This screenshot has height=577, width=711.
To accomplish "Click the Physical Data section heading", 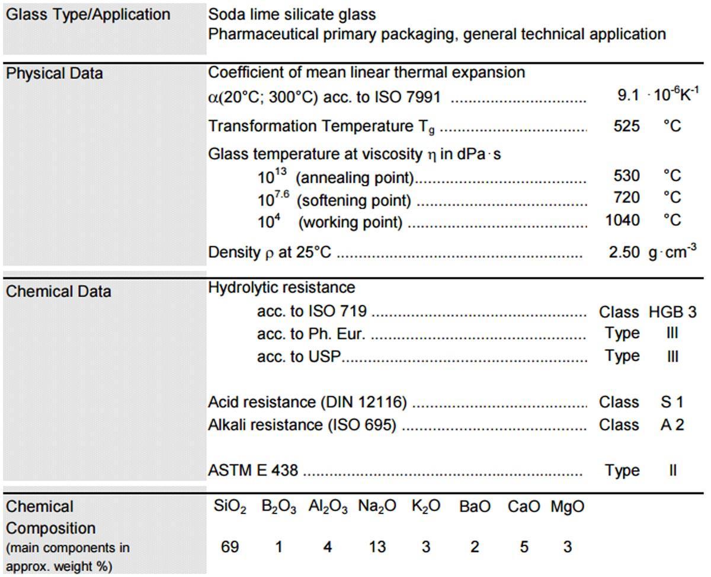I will coord(54,74).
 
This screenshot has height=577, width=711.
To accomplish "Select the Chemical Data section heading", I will coord(58,292).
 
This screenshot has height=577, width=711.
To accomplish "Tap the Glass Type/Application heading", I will coord(88,15).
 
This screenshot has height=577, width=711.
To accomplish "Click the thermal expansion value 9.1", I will coord(627,95).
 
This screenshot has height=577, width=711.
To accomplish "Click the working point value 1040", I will coord(623,221).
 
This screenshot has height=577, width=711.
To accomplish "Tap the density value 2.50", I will coord(624,252).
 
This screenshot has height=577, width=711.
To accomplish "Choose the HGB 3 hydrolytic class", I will coord(672,312).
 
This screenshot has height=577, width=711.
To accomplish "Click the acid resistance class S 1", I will coord(672,402).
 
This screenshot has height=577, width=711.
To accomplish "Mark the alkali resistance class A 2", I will coord(672,425).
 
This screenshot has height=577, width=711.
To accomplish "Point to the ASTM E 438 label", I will coord(253,471).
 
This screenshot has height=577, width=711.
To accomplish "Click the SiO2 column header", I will coord(230,508).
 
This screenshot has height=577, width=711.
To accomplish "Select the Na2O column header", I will coord(377,508).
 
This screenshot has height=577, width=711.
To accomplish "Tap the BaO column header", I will coord(475,508).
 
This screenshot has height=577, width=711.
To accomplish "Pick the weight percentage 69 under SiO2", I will coord(230,547).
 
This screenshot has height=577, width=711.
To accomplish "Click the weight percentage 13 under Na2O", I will coord(377,547).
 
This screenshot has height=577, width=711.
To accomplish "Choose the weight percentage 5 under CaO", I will coord(524,547).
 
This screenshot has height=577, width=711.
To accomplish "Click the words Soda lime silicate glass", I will coord(292,14).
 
